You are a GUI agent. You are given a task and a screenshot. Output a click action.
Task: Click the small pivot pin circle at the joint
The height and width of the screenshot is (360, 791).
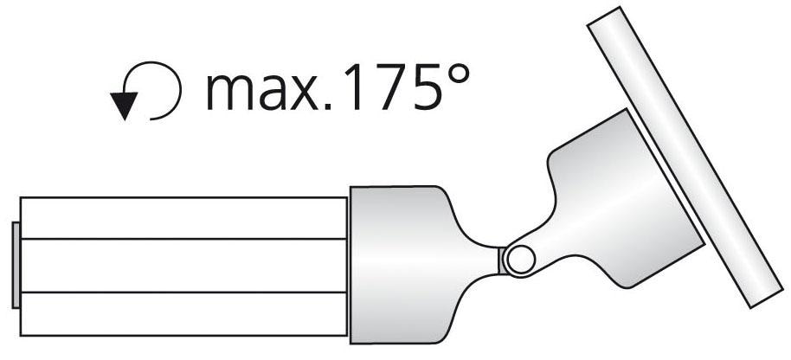pyautogui.click(x=521, y=260)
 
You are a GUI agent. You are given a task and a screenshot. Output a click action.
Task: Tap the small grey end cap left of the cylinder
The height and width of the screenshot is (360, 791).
pyautogui.click(x=16, y=265)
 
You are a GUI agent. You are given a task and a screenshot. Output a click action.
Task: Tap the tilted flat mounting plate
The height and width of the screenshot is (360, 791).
pyautogui.click(x=684, y=156)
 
